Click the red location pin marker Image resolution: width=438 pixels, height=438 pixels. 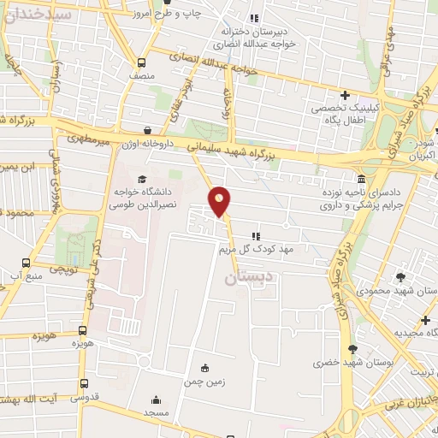coord(220,202)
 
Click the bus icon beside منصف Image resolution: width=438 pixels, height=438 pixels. coord(142,62)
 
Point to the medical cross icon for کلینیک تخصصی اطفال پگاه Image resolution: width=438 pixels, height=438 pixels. coord(345,94)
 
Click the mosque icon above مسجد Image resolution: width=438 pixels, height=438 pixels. coord(156,400)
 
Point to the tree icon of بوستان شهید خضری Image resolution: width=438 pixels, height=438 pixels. coord(352,349)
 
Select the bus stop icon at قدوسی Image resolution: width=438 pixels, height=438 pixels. coord(83,383)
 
